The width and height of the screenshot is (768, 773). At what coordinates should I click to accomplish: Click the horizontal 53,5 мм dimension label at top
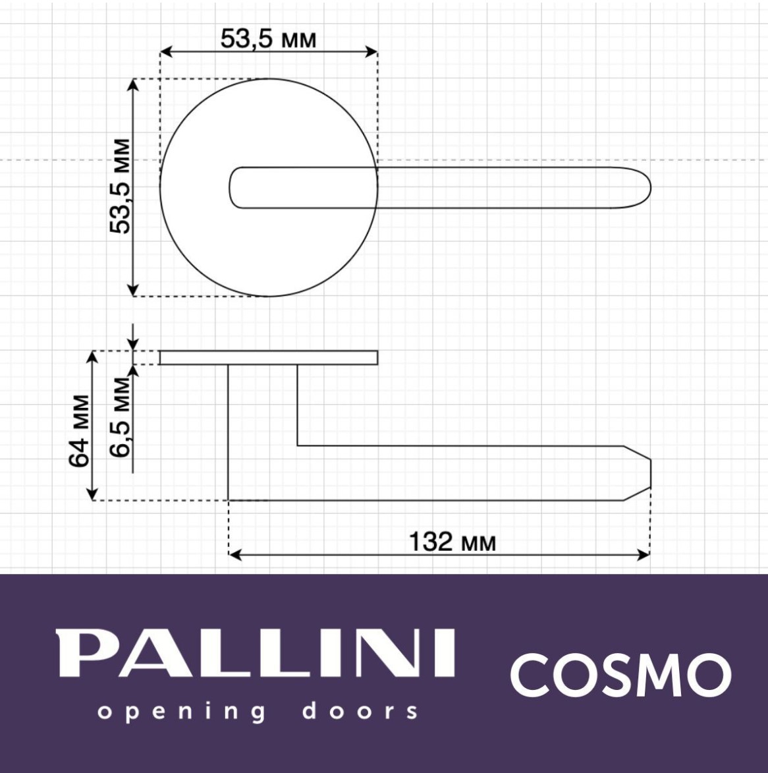tap(268, 38)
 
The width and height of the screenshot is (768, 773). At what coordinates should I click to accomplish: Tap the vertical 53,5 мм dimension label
tap(120, 186)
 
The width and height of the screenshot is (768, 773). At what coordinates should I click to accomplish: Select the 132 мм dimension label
tap(453, 541)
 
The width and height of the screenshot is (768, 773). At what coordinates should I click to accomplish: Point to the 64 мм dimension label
tap(79, 430)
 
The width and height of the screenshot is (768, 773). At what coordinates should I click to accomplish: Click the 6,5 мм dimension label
tap(120, 417)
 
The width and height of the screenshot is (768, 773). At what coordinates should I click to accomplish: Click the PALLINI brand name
tap(256, 653)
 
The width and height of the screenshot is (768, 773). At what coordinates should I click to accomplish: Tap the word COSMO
tap(620, 674)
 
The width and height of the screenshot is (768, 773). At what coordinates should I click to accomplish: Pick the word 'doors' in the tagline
tap(360, 711)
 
